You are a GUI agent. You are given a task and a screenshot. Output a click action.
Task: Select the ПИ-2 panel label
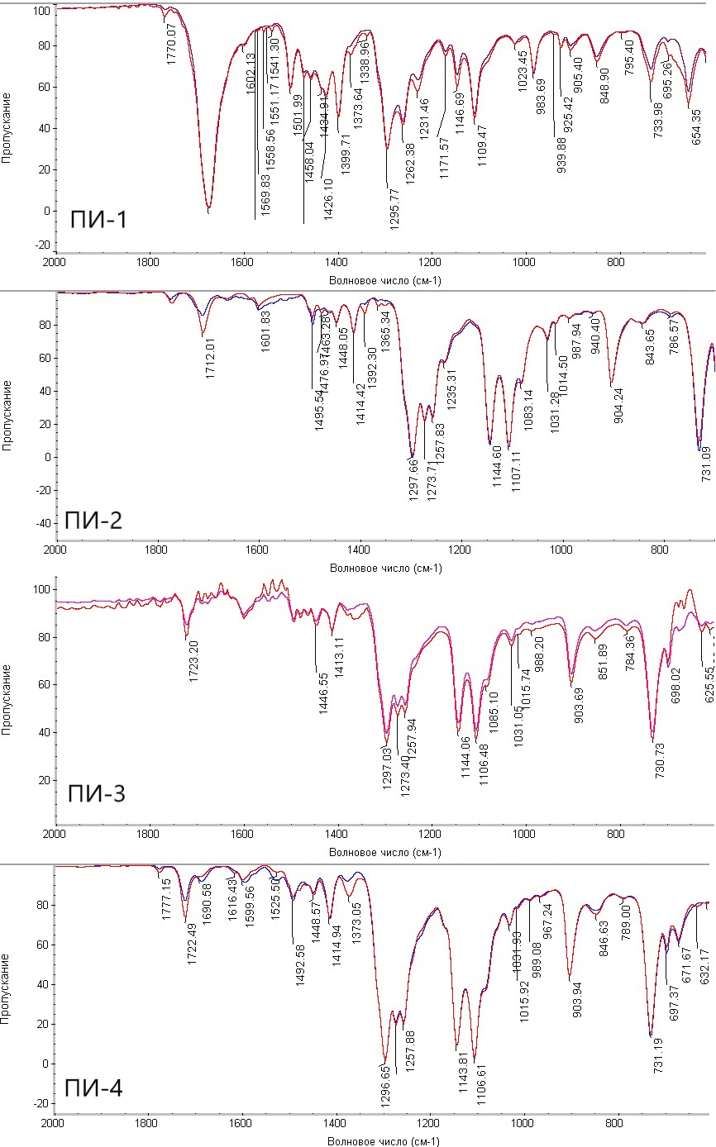[93, 521]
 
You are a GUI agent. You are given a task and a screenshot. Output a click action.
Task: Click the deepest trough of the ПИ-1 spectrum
[208, 211]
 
